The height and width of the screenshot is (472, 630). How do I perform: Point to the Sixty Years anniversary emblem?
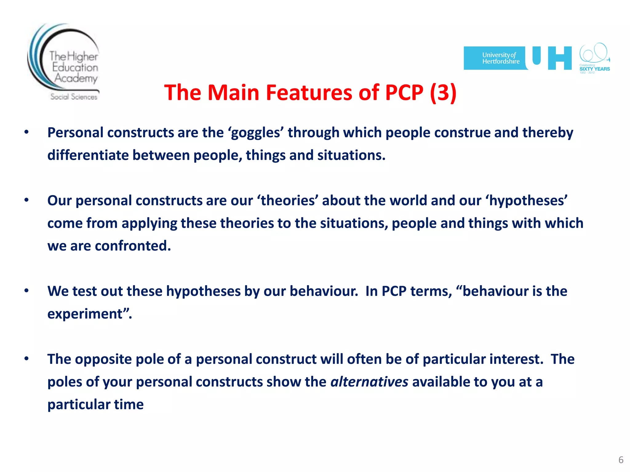click(594, 58)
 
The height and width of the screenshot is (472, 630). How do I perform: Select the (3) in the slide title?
click(443, 92)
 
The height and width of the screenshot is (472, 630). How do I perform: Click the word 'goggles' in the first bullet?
click(256, 133)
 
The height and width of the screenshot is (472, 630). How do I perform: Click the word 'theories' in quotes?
click(288, 201)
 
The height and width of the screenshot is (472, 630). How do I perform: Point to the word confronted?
click(133, 246)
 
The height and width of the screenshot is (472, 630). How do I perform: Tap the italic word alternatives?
click(369, 382)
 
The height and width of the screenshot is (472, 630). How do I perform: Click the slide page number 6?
click(621, 460)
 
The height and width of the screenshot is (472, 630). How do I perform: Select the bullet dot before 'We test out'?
click(27, 290)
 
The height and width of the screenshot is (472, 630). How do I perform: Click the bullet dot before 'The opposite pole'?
click(27, 358)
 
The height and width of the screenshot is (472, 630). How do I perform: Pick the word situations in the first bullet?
click(350, 155)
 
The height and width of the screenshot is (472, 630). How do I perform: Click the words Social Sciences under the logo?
click(74, 97)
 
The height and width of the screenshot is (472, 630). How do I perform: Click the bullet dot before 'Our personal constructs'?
click(27, 200)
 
